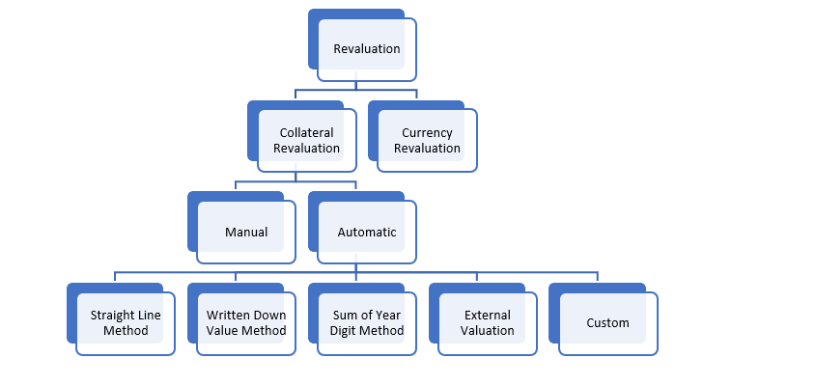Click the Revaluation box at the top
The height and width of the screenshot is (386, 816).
(x=367, y=49)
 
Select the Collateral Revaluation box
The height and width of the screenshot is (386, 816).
(x=306, y=141)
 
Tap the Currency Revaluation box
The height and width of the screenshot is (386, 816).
(x=427, y=141)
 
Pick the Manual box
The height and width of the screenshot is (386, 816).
(x=246, y=233)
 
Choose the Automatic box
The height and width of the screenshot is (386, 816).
(x=367, y=233)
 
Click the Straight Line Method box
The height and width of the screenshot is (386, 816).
(x=126, y=323)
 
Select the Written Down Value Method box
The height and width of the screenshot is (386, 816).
(x=246, y=323)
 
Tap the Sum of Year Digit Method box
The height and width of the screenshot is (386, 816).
(x=367, y=323)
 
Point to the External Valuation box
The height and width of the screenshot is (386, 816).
(x=488, y=323)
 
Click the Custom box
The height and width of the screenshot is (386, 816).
(x=608, y=323)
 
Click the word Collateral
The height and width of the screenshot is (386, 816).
(x=306, y=133)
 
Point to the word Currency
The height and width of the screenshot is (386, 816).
(x=427, y=133)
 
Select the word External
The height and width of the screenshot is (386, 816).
(x=488, y=316)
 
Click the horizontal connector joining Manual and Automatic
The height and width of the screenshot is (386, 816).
(x=296, y=180)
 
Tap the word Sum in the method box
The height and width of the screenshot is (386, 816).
(x=343, y=316)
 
